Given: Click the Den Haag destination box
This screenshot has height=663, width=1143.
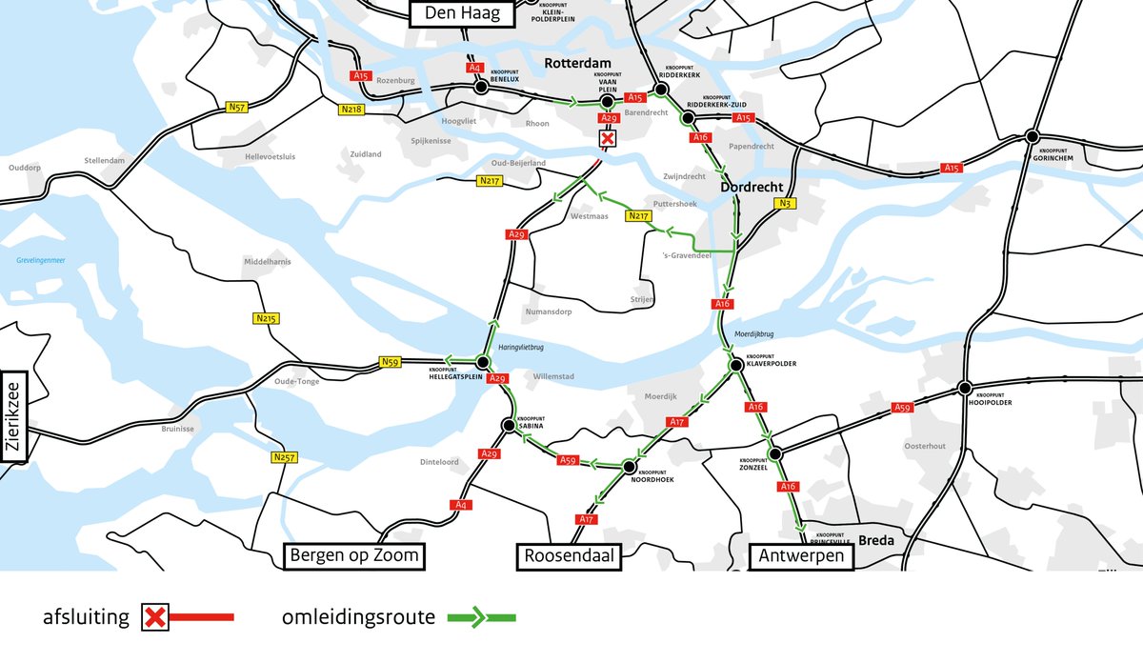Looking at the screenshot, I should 461,13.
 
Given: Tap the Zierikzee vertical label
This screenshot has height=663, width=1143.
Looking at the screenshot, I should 15,416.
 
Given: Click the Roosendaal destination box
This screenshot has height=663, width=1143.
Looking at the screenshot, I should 569,556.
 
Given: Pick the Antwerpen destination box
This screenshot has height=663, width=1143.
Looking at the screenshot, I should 800,556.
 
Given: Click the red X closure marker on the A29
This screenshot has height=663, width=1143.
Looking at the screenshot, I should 607,139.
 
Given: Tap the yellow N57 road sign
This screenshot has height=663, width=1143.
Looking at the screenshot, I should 236,108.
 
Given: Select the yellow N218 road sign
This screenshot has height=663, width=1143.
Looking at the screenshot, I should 351,110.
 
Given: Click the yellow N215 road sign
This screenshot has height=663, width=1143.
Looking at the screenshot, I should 265,318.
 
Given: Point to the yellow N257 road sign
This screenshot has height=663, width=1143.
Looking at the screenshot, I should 284,457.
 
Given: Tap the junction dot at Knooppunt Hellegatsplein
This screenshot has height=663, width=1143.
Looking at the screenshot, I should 483,363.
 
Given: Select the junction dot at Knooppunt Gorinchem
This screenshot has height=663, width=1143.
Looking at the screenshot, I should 1032,137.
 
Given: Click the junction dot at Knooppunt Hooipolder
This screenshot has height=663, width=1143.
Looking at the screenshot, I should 965,388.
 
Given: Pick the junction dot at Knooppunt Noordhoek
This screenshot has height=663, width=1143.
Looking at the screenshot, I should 629,467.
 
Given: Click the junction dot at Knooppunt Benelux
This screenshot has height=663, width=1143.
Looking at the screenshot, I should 482,87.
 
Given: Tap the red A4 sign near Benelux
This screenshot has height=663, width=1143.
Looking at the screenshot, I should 475,68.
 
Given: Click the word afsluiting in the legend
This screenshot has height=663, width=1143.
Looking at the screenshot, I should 86,617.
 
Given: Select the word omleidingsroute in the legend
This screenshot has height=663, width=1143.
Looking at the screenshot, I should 358,617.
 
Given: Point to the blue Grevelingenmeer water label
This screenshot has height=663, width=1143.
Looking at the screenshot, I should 39,260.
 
